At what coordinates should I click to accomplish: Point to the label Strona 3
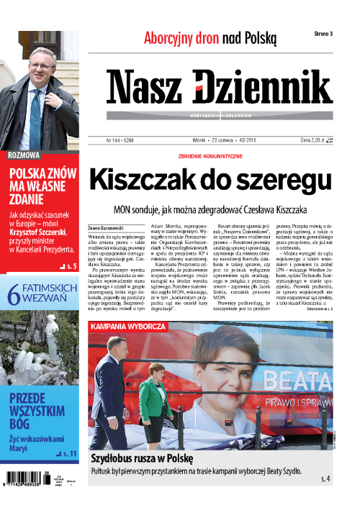[323, 34]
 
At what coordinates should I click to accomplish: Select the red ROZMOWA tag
[23, 155]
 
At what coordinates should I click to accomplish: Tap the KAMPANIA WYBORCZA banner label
[128, 327]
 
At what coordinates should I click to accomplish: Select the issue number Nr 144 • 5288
[124, 141]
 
